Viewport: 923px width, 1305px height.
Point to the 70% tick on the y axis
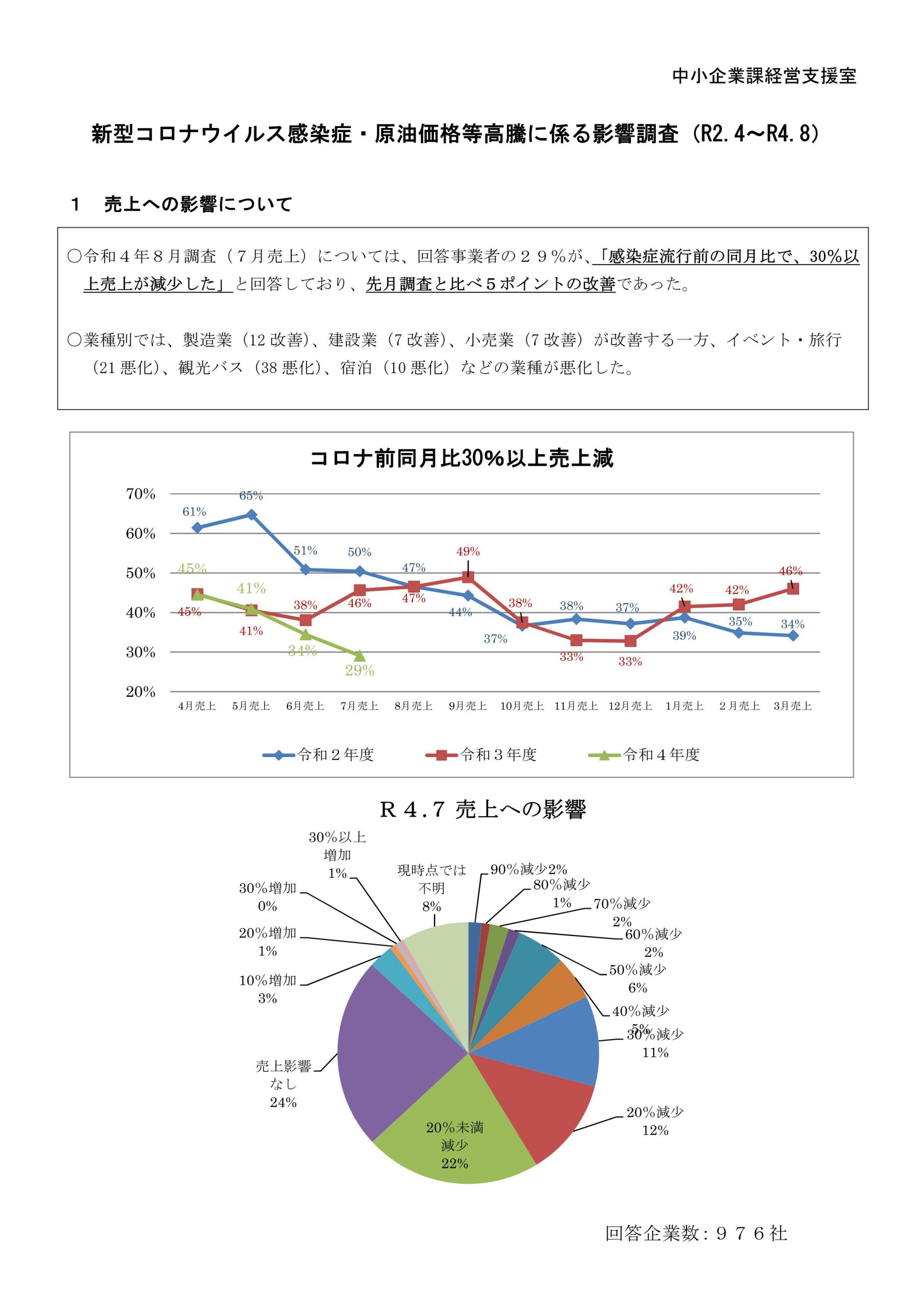[140, 494]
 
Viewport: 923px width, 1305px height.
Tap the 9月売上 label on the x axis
[468, 706]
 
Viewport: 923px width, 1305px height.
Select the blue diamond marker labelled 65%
[251, 514]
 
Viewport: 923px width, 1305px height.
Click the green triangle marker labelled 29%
[360, 657]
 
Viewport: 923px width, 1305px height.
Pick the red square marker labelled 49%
[468, 577]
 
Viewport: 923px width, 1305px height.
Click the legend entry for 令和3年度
[482, 755]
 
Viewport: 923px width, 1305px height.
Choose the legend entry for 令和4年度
[645, 755]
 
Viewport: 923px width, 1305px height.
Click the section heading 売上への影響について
[197, 204]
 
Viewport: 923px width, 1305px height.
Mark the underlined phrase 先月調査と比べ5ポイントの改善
[490, 283]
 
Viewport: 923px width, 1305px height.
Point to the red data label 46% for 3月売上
[790, 570]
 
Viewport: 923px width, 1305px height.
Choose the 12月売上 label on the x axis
[630, 706]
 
